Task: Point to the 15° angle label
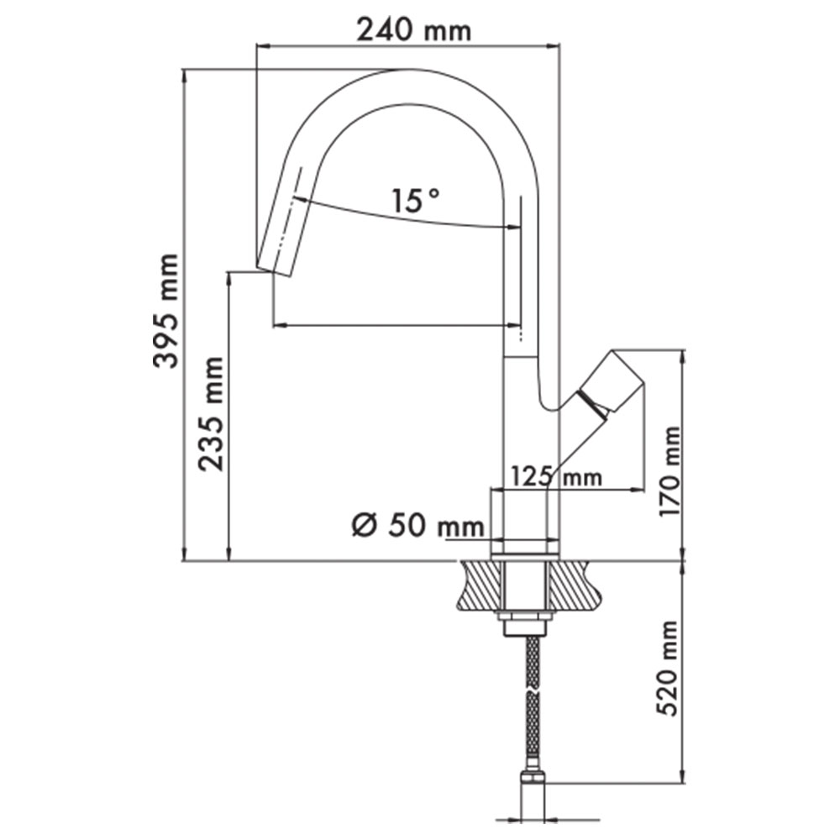pos(416,200)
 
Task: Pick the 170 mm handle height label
pos(669,472)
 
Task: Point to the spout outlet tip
pos(275,270)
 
